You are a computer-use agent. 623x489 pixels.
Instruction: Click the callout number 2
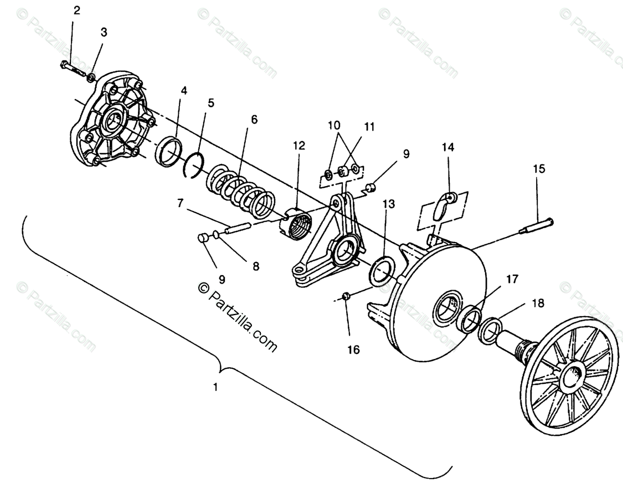76,11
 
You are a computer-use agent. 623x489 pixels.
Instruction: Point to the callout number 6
254,120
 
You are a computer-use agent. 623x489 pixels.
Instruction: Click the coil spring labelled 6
241,191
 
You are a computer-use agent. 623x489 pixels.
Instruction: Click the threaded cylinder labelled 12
298,224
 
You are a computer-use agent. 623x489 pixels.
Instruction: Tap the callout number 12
299,146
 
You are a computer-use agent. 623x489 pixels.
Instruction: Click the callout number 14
448,147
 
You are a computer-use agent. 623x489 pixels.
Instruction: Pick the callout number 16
353,349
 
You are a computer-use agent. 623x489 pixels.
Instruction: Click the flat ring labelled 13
382,270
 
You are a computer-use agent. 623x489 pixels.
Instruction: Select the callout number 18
538,303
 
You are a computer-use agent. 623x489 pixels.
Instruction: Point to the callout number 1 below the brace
215,387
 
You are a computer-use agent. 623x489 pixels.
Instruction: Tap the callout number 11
369,127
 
